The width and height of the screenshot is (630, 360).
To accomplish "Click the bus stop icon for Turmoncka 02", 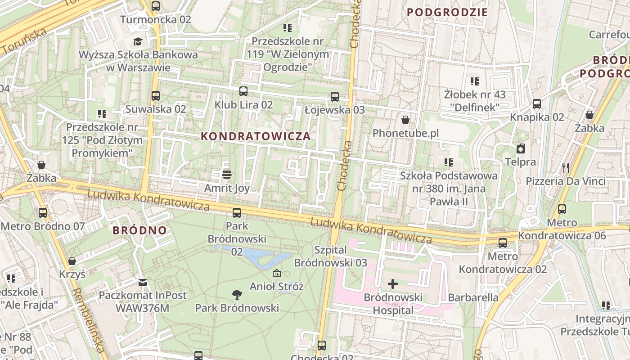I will pyautogui.click(x=156, y=6).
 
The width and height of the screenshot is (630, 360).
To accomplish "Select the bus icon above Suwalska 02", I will pyautogui.click(x=156, y=95).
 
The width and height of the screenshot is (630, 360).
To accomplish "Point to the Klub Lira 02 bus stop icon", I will pyautogui.click(x=243, y=91).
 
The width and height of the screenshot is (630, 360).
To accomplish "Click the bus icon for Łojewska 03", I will pyautogui.click(x=334, y=96).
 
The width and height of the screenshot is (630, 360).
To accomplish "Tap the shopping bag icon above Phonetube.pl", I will pyautogui.click(x=405, y=120).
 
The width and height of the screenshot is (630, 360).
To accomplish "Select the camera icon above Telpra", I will pyautogui.click(x=521, y=148).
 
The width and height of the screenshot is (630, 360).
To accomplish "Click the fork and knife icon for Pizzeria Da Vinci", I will pyautogui.click(x=566, y=168).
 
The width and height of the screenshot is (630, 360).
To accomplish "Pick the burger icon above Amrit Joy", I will pyautogui.click(x=227, y=174).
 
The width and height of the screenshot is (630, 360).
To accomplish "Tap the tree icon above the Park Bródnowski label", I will pyautogui.click(x=237, y=295).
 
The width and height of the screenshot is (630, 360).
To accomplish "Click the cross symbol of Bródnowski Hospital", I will pyautogui.click(x=393, y=283).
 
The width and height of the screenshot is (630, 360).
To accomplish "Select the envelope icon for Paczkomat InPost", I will pyautogui.click(x=143, y=283).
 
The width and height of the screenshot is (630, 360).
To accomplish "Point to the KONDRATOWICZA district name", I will pyautogui.click(x=256, y=136).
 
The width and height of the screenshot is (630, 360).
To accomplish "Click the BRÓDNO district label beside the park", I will pyautogui.click(x=139, y=230).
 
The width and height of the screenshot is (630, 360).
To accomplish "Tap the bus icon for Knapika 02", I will pyautogui.click(x=537, y=104).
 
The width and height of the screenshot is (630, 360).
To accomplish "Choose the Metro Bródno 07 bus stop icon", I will pyautogui.click(x=43, y=212).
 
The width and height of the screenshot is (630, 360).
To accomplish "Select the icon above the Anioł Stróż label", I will pyautogui.click(x=277, y=273).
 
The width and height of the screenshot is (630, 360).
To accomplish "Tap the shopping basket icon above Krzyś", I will pyautogui.click(x=72, y=261).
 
